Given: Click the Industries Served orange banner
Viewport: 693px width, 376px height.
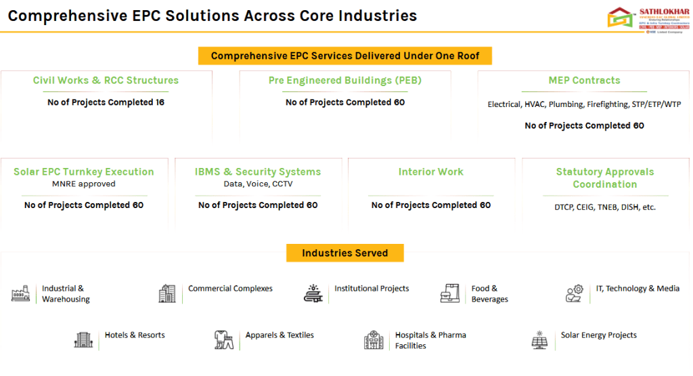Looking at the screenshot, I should point(344,253).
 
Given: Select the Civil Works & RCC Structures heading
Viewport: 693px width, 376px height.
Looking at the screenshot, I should point(106,81).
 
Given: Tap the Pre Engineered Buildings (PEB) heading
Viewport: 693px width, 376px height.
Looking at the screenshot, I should point(344,81).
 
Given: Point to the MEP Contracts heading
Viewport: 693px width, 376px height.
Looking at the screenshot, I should point(584,81).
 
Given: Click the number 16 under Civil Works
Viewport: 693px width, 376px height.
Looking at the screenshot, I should point(159,102).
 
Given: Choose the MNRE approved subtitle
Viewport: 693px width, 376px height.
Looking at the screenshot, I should point(84,184).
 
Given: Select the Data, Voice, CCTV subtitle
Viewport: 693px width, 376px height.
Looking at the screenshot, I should point(258,184).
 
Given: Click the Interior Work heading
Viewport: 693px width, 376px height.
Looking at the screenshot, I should point(431,172).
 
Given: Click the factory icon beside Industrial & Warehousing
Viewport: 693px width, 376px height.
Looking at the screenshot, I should point(21,293).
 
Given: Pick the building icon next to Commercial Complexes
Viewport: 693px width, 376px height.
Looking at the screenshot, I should point(166,293).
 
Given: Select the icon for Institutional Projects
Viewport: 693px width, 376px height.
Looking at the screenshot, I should point(313,293).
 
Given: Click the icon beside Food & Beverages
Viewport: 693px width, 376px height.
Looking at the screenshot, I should point(449,293).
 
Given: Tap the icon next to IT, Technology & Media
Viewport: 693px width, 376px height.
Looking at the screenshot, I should point(575,293).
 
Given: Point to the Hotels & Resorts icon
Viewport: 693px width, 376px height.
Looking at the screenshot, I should point(83,339).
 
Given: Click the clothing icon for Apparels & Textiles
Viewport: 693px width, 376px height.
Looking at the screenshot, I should point(223,339).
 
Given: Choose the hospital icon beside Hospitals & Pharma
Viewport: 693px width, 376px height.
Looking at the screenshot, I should point(373,340).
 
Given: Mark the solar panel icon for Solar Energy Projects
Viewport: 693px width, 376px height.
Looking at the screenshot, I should point(539,339).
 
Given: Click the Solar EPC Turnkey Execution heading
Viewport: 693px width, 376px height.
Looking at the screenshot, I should point(84,172).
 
